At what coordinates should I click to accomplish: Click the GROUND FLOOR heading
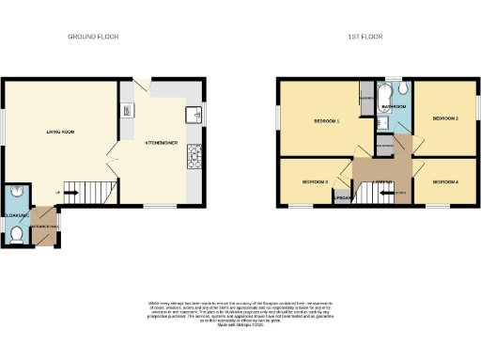point(93,37)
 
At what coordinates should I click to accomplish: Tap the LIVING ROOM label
point(60,133)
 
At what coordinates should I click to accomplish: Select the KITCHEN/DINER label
point(157,144)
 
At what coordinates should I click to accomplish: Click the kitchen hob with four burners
point(195,156)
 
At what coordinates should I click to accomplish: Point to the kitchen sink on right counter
point(194,115)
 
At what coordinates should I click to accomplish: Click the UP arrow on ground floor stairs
point(60,194)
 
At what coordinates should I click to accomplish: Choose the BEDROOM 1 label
point(326,122)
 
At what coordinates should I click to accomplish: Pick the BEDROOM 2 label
point(444,119)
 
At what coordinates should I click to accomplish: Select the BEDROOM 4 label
point(443,181)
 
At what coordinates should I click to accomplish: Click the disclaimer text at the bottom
point(240,313)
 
